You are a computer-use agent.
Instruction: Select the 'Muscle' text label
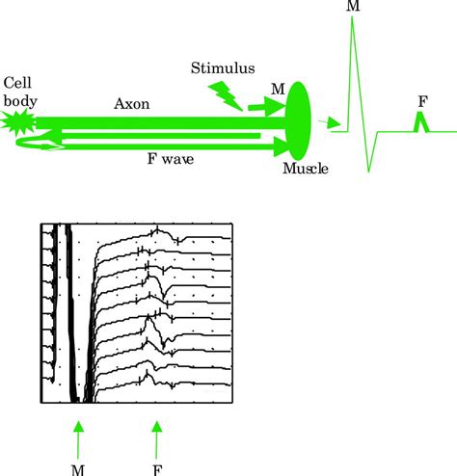305,171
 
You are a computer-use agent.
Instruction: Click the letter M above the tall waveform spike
354,7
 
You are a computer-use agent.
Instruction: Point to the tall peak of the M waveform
354,23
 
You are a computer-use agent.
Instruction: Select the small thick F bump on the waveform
419,121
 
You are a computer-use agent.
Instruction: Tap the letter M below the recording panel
79,468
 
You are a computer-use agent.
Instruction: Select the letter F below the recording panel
157,468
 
